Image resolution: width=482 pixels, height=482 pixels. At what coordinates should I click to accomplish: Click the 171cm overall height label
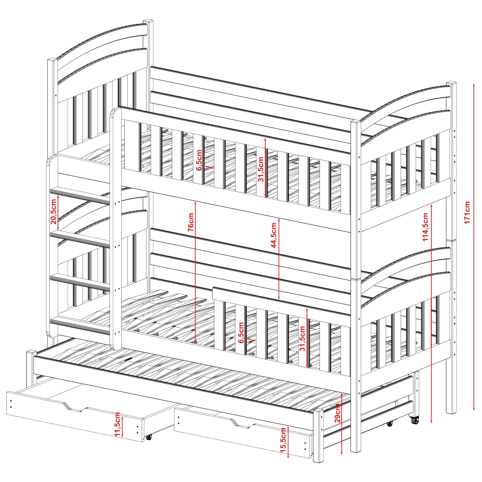coord(467,212)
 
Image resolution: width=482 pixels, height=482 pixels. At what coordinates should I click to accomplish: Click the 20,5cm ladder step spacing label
coord(53,211)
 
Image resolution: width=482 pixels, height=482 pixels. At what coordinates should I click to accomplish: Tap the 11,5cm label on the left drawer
coord(117,424)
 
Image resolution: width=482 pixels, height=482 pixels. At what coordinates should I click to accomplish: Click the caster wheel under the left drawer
coord(149,444)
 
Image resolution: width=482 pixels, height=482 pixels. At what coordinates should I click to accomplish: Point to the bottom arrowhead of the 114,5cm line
coord(432,421)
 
